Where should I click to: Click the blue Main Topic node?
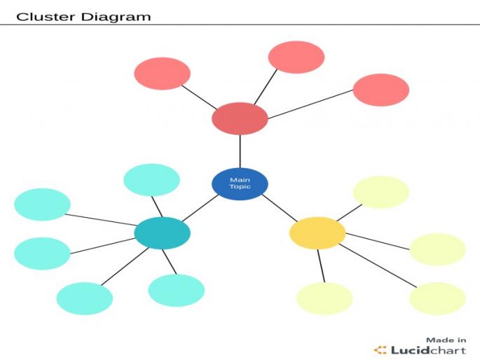(x=240, y=184)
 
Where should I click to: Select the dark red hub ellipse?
(x=240, y=118)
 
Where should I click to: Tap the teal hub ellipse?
(x=162, y=233)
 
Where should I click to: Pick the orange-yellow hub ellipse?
(x=317, y=233)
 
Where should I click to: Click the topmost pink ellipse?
(x=296, y=57)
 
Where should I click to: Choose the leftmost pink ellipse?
(x=162, y=74)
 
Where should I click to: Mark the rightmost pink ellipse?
(x=380, y=90)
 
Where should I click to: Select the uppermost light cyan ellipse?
(x=151, y=180)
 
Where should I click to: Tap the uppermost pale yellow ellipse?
(x=380, y=192)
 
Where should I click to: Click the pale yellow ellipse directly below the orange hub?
(x=324, y=298)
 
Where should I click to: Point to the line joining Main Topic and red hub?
(x=240, y=151)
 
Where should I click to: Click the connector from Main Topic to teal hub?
(x=202, y=207)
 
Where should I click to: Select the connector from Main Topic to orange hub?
(x=278, y=207)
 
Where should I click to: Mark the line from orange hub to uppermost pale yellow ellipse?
(x=348, y=212)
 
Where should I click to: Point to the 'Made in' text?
(x=446, y=340)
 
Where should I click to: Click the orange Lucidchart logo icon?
(x=380, y=349)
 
